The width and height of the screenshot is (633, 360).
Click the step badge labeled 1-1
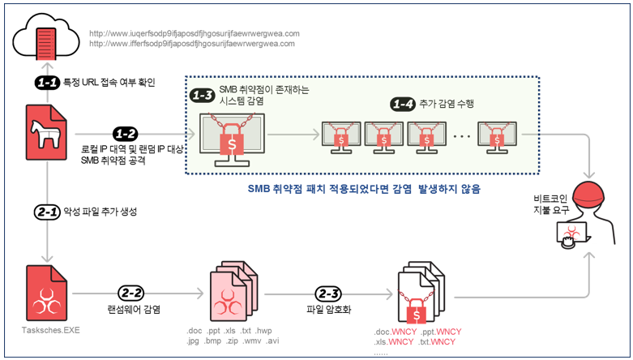pyautogui.click(x=47, y=83)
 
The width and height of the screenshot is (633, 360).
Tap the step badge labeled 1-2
pyautogui.click(x=125, y=134)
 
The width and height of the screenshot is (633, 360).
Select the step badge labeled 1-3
pyautogui.click(x=203, y=96)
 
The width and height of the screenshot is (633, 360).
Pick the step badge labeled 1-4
pyautogui.click(x=403, y=105)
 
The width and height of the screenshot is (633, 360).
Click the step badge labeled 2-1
pyautogui.click(x=47, y=212)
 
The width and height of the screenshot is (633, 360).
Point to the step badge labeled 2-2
pyautogui.click(x=130, y=294)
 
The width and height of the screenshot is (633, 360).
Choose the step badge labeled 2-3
pyautogui.click(x=328, y=294)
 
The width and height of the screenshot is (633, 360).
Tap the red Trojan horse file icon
pyautogui.click(x=46, y=132)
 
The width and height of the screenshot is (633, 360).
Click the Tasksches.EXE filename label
pyautogui.click(x=51, y=330)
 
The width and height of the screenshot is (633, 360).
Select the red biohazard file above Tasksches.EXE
pyautogui.click(x=46, y=293)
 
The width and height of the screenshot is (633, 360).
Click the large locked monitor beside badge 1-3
pyautogui.click(x=232, y=139)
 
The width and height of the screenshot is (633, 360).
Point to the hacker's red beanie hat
pyautogui.click(x=590, y=193)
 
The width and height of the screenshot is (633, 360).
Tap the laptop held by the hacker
pyautogui.click(x=572, y=234)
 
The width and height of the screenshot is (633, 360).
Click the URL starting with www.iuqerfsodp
pyautogui.click(x=195, y=33)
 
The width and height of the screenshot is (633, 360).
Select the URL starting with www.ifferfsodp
pyautogui.click(x=192, y=44)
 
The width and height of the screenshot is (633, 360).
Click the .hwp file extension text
pyautogui.click(x=263, y=331)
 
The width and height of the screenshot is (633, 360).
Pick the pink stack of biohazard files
pyautogui.click(x=233, y=291)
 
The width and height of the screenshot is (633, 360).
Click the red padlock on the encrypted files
pyautogui.click(x=417, y=312)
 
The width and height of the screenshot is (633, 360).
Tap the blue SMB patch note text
pyautogui.click(x=364, y=189)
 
